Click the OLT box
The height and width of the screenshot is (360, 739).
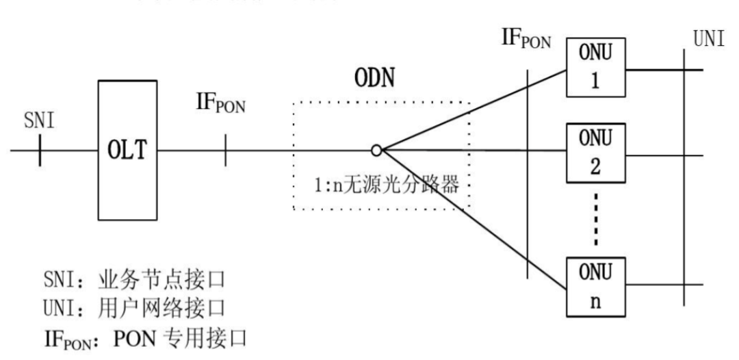pyautogui.click(x=127, y=150)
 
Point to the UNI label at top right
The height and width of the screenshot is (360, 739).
pyautogui.click(x=709, y=39)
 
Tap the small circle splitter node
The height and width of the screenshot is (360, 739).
pyautogui.click(x=376, y=150)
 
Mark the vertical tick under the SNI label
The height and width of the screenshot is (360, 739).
pyautogui.click(x=40, y=150)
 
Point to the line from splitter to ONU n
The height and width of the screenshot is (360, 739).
pyautogui.click(x=472, y=219)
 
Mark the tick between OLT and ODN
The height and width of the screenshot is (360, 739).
pyautogui.click(x=226, y=150)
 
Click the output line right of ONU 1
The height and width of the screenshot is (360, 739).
pyautogui.click(x=657, y=69)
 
